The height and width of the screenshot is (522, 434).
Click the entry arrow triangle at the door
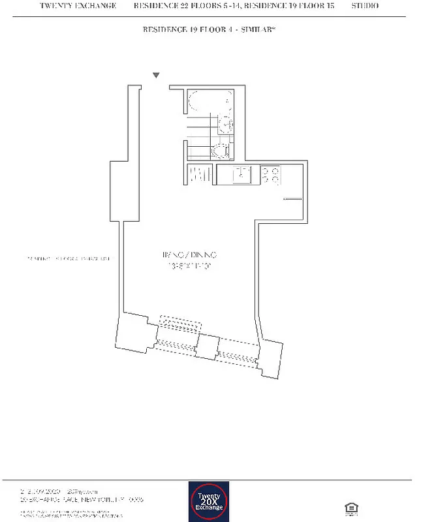(155, 76)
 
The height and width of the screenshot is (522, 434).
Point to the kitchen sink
(243, 174)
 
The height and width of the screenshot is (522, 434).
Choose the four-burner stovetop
(271, 175)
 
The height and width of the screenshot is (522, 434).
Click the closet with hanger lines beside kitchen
(199, 175)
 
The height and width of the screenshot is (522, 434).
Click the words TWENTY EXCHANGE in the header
(78, 6)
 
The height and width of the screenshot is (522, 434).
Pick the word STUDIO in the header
(365, 6)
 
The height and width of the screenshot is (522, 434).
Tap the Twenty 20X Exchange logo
(209, 502)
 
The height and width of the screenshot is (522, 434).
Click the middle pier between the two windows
(206, 346)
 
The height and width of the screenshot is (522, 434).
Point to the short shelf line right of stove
(292, 198)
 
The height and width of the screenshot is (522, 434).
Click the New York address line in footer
(82, 499)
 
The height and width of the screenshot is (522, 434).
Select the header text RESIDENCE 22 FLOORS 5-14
(181, 6)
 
